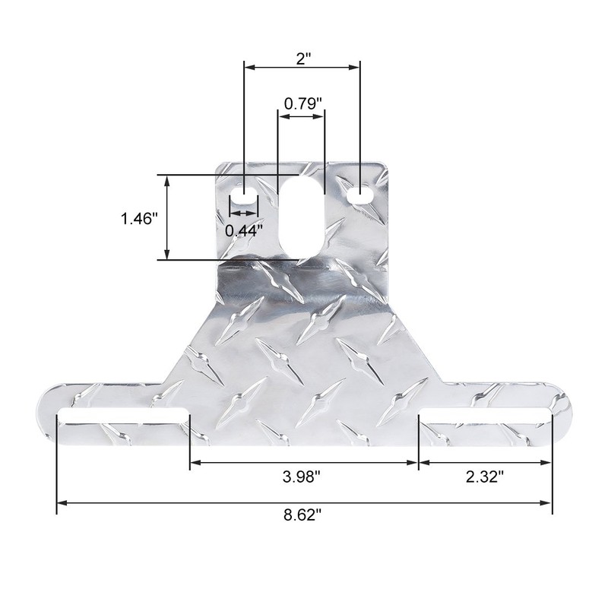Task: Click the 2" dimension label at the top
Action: click(x=303, y=58)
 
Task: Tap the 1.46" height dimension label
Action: click(x=138, y=219)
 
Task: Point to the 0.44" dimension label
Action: click(x=244, y=230)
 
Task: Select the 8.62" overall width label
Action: click(x=303, y=515)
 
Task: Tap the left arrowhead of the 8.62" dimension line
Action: click(x=62, y=502)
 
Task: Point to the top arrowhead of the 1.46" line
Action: click(x=166, y=179)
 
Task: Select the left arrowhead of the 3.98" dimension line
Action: click(x=195, y=462)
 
